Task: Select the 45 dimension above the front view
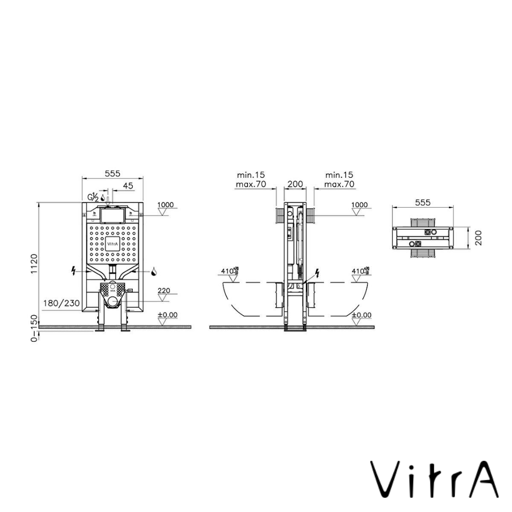(x=128, y=186)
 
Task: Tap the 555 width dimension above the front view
(x=112, y=174)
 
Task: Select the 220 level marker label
(x=164, y=290)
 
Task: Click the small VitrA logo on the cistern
(x=112, y=244)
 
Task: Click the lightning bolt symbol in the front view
(x=73, y=272)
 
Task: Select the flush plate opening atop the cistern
(x=112, y=216)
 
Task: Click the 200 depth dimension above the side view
(x=295, y=184)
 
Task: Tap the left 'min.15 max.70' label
(x=250, y=180)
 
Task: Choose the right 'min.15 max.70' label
(x=339, y=180)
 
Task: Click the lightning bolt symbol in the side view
(x=317, y=274)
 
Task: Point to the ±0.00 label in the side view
(x=363, y=315)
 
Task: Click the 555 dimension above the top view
(x=422, y=202)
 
